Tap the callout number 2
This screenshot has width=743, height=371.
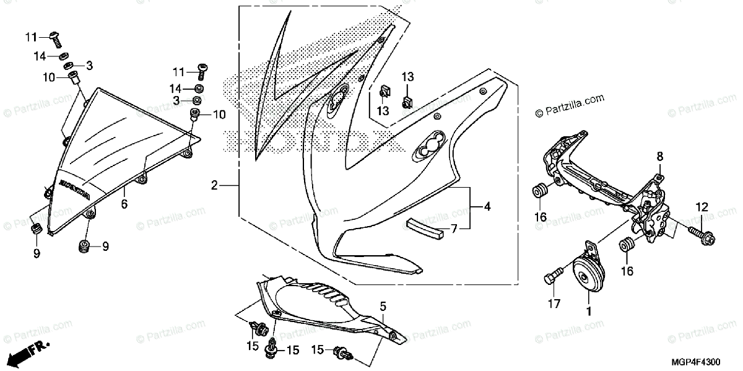(x=214, y=185)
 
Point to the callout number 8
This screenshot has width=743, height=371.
(x=660, y=155)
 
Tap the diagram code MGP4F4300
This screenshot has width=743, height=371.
(x=706, y=360)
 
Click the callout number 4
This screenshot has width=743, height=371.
(x=487, y=206)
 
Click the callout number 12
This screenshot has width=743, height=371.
(x=700, y=206)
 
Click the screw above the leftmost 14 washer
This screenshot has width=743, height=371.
(x=54, y=39)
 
